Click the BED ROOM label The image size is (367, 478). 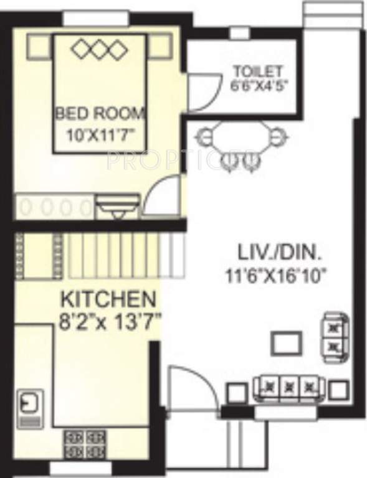tap(100, 114)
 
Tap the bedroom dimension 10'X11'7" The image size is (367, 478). tap(100, 133)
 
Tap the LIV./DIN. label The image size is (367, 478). tap(280, 253)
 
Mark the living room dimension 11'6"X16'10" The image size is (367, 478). tap(280, 274)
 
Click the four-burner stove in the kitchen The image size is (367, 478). tap(83, 442)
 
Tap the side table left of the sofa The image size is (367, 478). tap(236, 392)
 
